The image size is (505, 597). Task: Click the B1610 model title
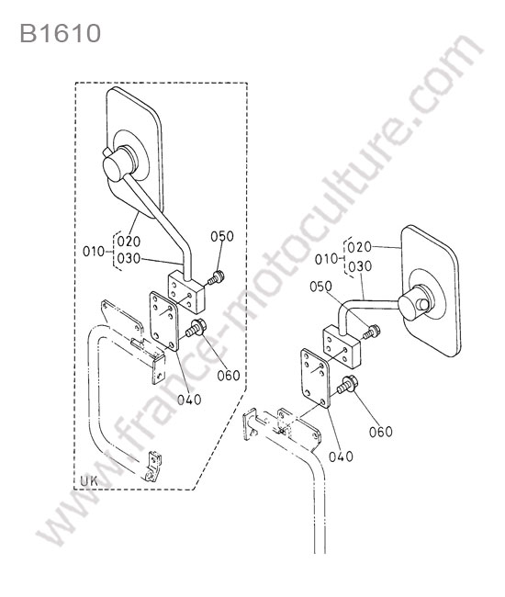coord(61,33)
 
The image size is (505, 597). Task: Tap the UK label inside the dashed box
coord(89,480)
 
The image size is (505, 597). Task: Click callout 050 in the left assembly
coord(222,236)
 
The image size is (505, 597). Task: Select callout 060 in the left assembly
coord(229,376)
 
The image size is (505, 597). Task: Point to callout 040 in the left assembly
coord(189,400)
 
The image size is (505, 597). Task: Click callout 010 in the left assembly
coord(94,252)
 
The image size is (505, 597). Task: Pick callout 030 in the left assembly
coord(129,258)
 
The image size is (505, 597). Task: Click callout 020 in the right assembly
coord(360,247)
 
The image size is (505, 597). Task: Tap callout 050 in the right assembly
coord(320,287)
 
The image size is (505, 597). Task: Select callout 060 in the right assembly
coord(381,432)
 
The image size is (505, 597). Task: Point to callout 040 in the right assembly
coord(341,456)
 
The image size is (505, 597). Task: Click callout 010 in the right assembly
coord(326,259)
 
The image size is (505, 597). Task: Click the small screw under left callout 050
coord(216,277)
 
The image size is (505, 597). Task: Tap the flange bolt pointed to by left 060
coord(196,329)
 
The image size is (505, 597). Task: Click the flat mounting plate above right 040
coord(316,378)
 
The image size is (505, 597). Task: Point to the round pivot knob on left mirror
coord(118,164)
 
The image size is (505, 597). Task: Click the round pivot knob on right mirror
coord(415,304)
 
